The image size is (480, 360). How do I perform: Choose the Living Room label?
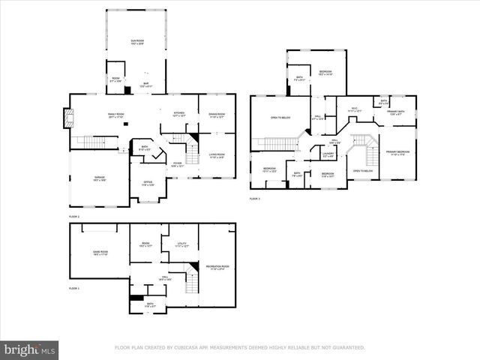(217, 156)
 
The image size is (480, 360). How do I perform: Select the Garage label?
(100, 178)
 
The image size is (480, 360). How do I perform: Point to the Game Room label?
(100, 253)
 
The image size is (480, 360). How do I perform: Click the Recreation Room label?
(218, 267)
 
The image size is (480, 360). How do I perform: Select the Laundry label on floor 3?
(328, 154)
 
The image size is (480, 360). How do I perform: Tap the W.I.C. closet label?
(355, 109)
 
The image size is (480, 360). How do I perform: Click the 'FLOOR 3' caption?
(254, 199)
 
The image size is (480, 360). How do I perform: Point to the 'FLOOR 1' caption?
(73, 288)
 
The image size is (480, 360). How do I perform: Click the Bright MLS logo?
(29, 349)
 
